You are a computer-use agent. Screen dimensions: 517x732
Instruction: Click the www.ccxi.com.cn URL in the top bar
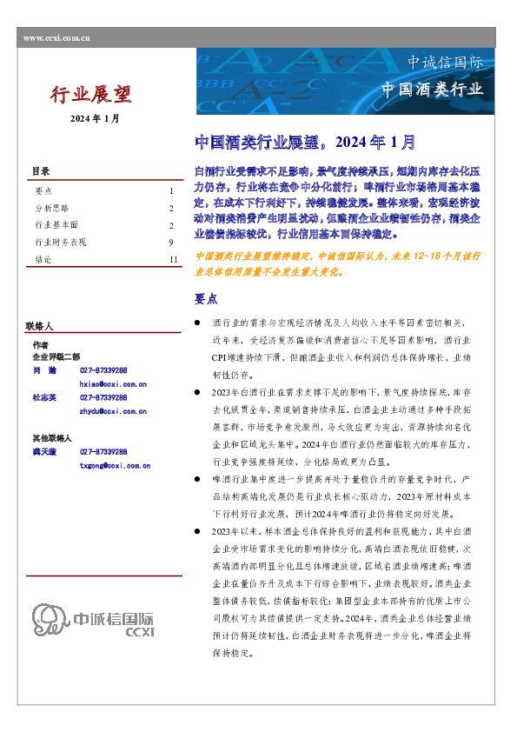56,38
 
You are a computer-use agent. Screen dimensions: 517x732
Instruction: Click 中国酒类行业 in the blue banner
432,90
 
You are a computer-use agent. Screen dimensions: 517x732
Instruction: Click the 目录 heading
41,171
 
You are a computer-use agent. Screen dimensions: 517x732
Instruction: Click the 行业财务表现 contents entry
60,243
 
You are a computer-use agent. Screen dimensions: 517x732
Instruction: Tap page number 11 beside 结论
174,260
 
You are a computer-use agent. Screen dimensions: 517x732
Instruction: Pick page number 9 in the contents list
172,243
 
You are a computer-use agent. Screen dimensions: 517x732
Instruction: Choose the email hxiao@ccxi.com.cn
113,383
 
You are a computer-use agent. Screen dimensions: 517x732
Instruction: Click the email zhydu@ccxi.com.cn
113,411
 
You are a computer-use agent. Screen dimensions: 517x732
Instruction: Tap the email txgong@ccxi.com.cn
115,466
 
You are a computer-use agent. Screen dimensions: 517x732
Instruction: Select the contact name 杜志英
45,398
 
